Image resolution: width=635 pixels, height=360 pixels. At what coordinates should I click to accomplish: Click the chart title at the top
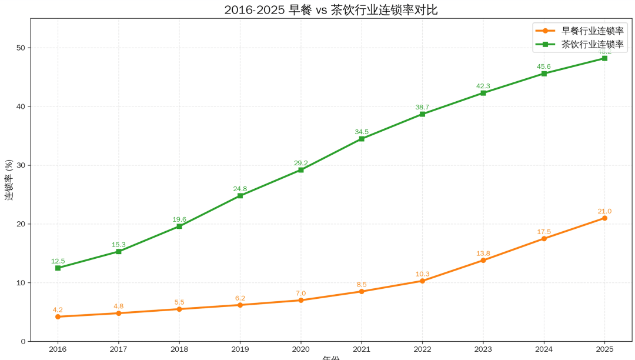[331, 10]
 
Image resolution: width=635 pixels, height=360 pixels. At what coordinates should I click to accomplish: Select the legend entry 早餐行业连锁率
[592, 31]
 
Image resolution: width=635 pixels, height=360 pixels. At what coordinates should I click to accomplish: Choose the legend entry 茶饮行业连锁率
[592, 44]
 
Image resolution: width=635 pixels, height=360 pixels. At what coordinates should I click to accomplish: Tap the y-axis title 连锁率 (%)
[9, 179]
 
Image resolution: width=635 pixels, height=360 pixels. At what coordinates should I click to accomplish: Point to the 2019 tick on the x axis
[240, 349]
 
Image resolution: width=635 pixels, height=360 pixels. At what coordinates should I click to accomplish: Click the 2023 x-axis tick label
[483, 349]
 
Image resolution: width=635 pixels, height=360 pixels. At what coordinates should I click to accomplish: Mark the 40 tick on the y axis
[22, 106]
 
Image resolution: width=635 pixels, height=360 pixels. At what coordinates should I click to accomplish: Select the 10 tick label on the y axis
[22, 283]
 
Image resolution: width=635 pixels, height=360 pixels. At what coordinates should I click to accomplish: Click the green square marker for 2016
[58, 268]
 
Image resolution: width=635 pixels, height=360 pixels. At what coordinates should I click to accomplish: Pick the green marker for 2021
[362, 139]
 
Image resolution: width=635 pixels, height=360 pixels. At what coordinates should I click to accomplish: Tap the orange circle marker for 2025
[604, 218]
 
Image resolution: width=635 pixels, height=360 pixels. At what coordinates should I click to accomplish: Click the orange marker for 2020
[300, 300]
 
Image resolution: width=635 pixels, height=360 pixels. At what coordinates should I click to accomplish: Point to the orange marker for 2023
[483, 260]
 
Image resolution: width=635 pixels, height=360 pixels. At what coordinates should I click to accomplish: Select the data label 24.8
[240, 189]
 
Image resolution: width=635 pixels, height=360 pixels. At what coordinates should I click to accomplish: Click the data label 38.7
[422, 107]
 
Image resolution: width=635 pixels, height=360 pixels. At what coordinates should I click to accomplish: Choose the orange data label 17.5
[544, 232]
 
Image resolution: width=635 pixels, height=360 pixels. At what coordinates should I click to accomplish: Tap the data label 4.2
[58, 310]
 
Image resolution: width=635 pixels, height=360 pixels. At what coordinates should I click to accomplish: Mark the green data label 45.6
[544, 66]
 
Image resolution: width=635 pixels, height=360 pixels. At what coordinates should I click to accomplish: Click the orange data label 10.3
[422, 274]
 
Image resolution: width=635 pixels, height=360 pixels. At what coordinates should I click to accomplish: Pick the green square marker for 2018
[179, 226]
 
